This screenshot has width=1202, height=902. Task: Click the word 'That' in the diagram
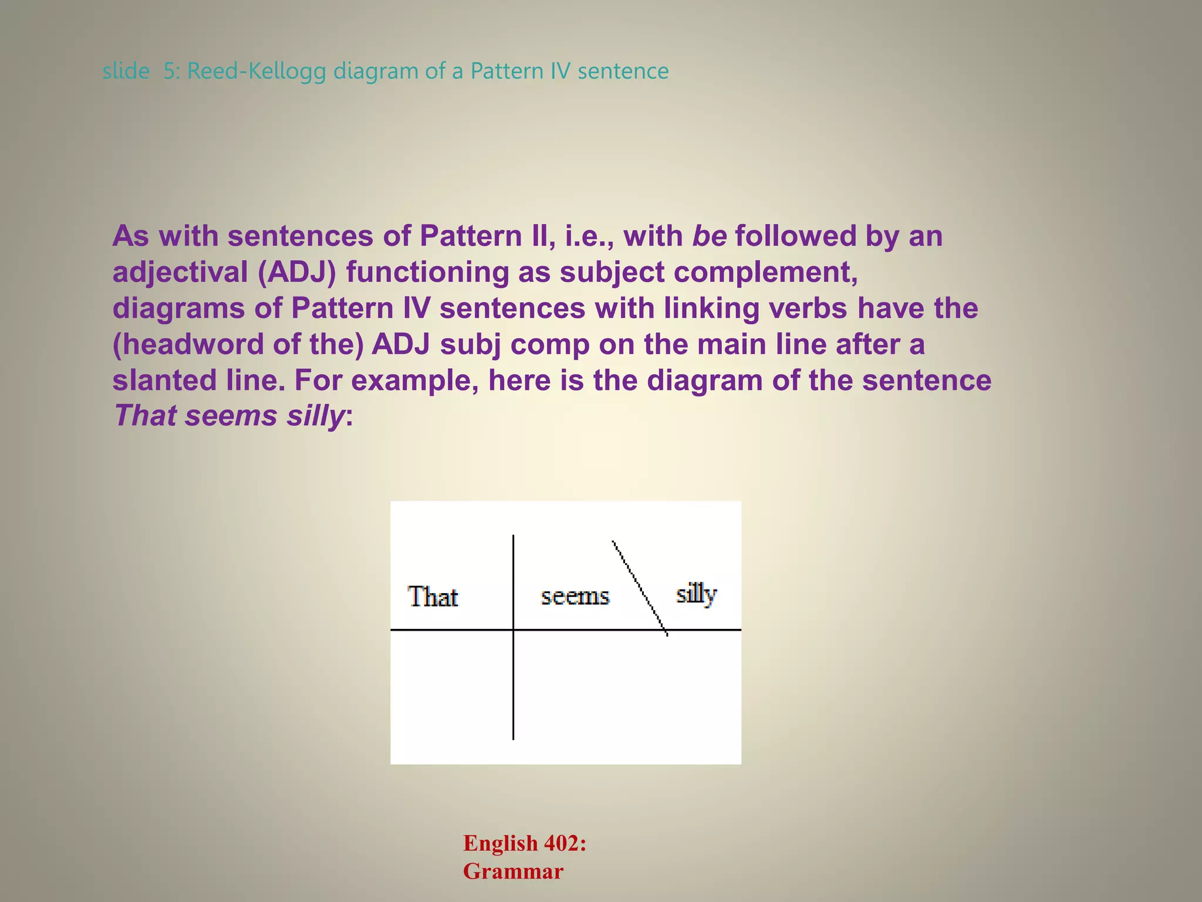click(x=433, y=597)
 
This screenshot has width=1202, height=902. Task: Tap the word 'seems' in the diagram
click(x=575, y=597)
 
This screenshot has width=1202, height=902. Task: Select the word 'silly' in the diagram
click(x=696, y=594)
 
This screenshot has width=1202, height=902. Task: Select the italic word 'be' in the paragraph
click(x=710, y=236)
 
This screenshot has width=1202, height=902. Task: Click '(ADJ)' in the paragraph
click(x=297, y=272)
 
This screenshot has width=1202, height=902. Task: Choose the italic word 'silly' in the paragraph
click(x=315, y=416)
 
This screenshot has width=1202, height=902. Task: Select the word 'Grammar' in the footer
click(x=513, y=871)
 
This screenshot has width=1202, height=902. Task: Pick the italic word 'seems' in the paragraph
click(x=231, y=416)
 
